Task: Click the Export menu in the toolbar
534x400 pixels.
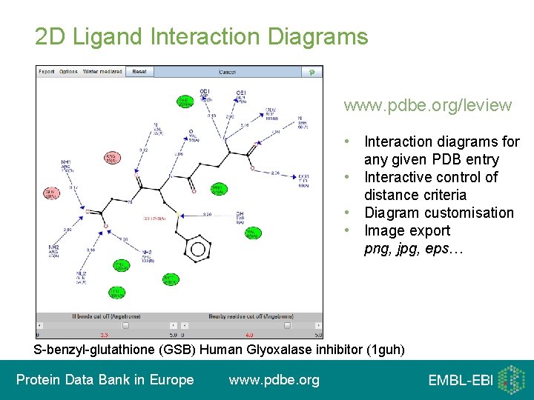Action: (x=46, y=72)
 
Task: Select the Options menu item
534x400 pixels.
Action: (x=68, y=72)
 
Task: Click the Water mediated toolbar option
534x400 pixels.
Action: (x=102, y=72)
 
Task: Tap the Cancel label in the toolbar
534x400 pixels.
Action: (x=228, y=72)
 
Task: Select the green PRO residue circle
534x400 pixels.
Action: (x=218, y=190)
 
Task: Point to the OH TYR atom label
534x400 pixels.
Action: (x=240, y=216)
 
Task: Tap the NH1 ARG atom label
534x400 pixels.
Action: (x=67, y=164)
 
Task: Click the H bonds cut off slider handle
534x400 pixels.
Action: (x=125, y=325)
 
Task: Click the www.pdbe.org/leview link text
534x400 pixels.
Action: (x=427, y=105)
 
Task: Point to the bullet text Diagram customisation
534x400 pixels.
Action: (x=438, y=213)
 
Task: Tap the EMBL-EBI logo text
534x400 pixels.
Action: (x=460, y=381)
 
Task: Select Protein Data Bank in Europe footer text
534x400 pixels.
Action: (x=105, y=380)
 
